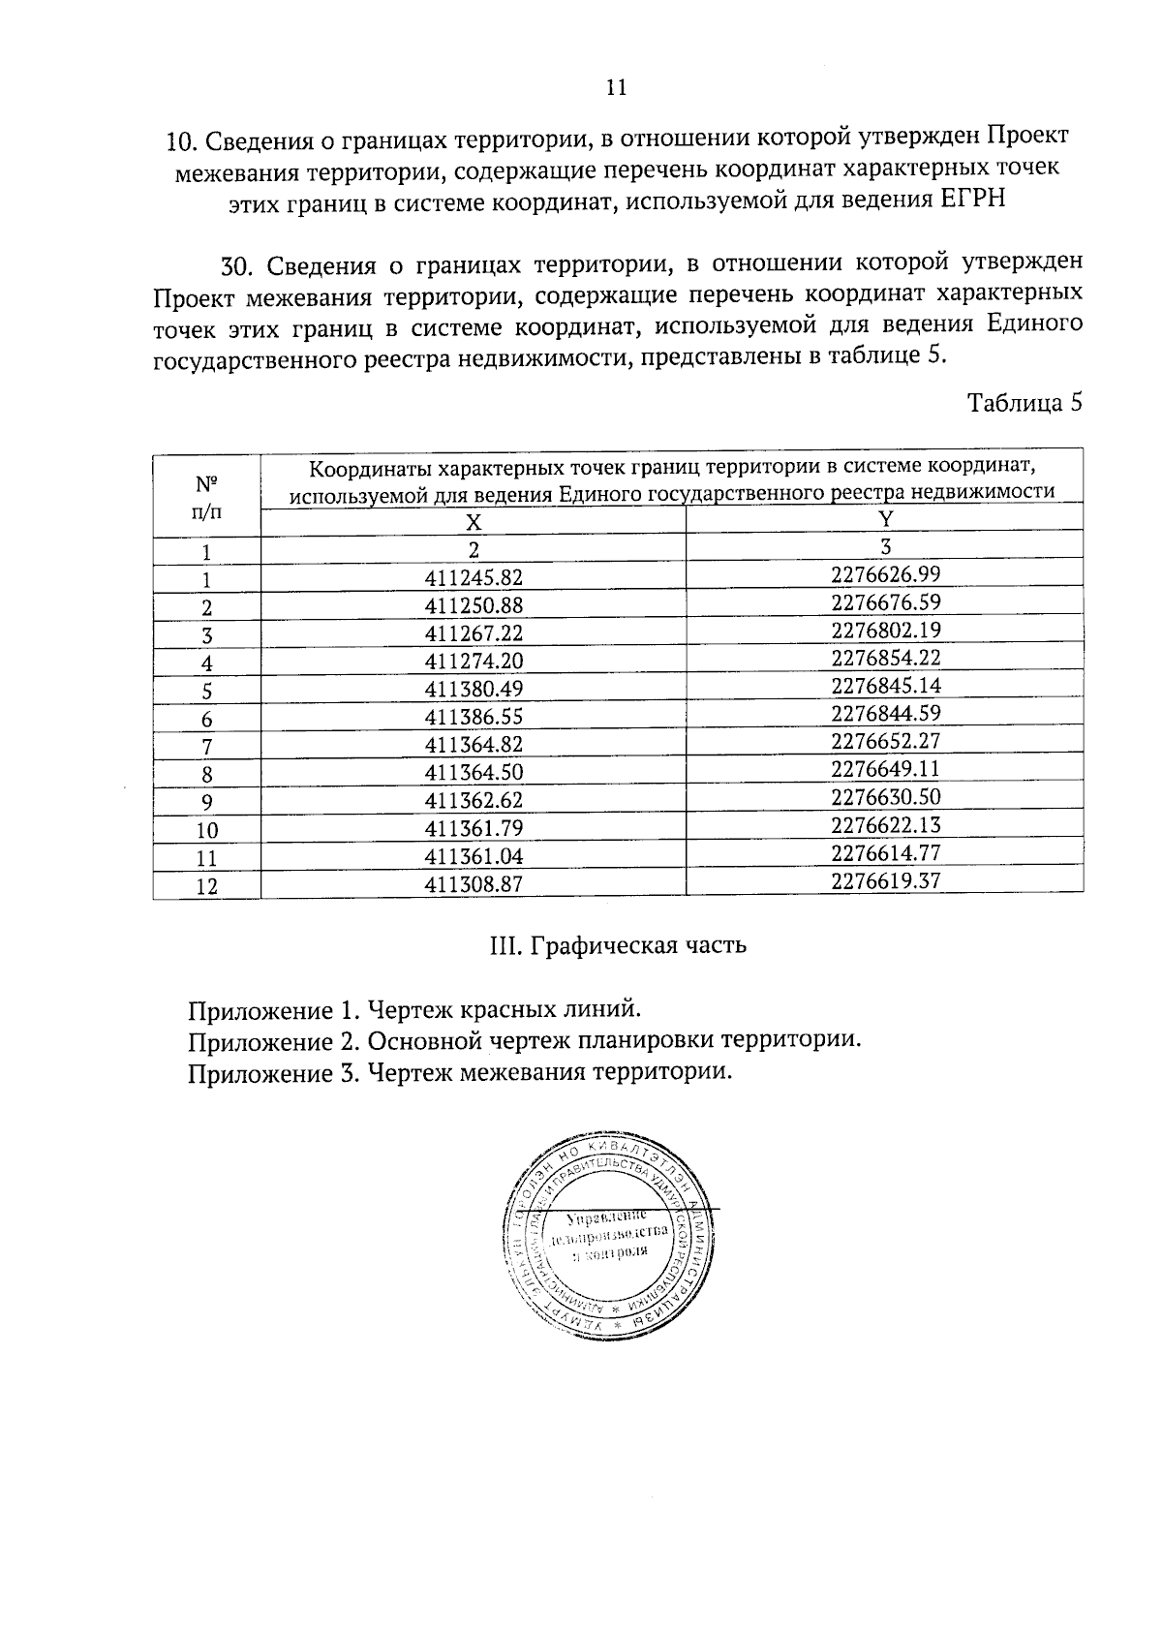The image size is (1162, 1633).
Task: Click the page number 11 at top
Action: tap(616, 88)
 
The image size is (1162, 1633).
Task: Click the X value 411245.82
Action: tap(474, 578)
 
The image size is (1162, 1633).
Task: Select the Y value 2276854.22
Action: tap(885, 658)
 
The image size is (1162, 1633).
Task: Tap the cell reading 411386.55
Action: tap(474, 718)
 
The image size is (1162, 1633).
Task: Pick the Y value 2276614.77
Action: tap(885, 853)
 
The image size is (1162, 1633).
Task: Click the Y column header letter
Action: tap(885, 518)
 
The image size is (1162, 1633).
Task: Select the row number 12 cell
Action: tap(206, 886)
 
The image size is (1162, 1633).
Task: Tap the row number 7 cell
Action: tap(206, 747)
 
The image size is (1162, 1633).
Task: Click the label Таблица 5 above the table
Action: tap(1024, 403)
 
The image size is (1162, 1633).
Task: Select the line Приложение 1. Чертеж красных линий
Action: tap(414, 1010)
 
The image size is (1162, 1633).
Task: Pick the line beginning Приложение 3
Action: tap(459, 1072)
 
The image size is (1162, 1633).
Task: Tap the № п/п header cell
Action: tap(206, 497)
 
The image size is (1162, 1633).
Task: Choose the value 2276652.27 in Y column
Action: tap(885, 742)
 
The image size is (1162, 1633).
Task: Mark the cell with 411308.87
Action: tap(474, 884)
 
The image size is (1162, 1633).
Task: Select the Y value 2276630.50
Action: tap(885, 797)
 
